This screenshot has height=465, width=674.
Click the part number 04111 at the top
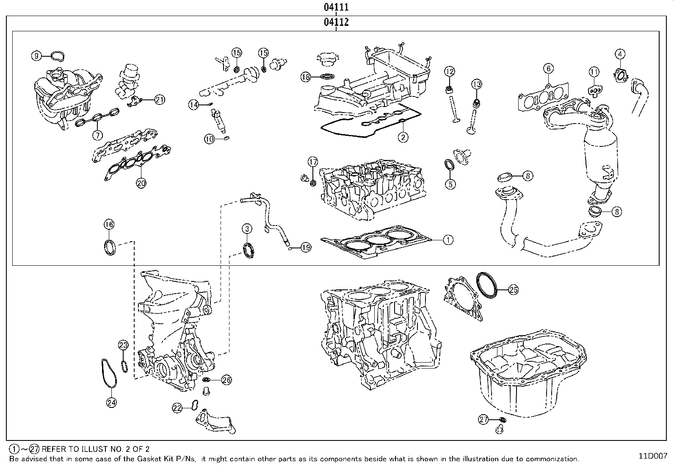click(x=336, y=7)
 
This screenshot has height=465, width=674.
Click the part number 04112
click(x=336, y=22)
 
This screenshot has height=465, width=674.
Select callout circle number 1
click(x=448, y=240)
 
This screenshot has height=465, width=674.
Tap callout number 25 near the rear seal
click(x=513, y=290)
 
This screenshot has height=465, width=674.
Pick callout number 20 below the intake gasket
click(x=141, y=183)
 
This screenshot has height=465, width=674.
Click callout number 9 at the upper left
click(x=36, y=55)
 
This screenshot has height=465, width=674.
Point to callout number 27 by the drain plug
click(x=484, y=420)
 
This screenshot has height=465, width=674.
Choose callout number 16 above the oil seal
click(x=109, y=224)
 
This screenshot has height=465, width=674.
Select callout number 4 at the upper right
click(x=620, y=54)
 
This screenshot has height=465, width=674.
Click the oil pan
click(x=529, y=372)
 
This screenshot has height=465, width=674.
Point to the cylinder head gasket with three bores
click(x=377, y=241)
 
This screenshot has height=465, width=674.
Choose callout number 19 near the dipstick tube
click(x=306, y=248)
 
